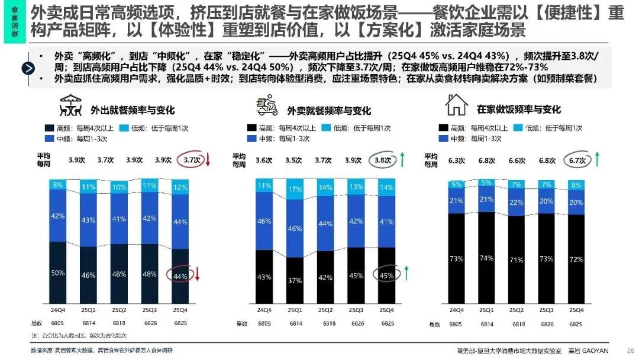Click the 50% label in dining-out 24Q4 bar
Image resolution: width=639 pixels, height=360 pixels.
click(x=57, y=272)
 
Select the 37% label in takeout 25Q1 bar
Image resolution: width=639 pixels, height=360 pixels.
click(x=295, y=280)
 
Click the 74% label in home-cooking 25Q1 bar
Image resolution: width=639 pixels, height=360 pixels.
click(x=486, y=259)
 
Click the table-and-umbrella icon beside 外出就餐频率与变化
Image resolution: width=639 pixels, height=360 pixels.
click(x=71, y=109)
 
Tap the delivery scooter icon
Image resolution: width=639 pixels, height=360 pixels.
click(x=266, y=108)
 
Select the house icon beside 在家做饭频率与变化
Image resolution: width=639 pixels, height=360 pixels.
click(x=456, y=108)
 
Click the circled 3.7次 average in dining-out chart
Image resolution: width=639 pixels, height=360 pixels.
click(x=192, y=160)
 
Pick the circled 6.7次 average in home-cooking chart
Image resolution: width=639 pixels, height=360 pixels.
click(x=575, y=160)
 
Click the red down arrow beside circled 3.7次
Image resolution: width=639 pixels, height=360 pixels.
click(x=208, y=160)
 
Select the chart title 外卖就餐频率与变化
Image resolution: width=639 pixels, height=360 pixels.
click(x=329, y=111)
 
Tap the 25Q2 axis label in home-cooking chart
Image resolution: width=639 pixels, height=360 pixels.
click(x=517, y=310)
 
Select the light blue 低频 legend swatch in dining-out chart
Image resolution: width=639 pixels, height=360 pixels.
click(x=124, y=128)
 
